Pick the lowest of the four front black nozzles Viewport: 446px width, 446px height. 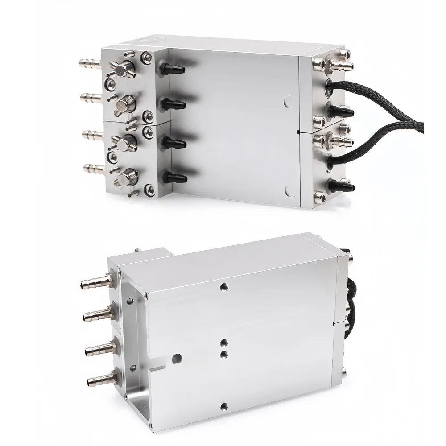(175, 178)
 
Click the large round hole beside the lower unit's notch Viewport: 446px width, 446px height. (178, 358)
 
